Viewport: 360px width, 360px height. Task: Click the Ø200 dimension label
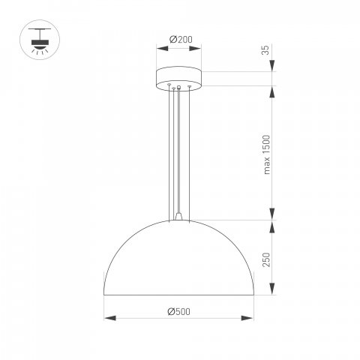click(178, 39)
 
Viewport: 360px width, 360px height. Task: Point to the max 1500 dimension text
click(265, 154)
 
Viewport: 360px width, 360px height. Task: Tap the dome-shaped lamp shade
click(179, 259)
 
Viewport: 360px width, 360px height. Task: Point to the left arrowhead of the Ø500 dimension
click(107, 317)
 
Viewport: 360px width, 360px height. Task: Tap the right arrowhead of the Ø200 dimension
click(201, 48)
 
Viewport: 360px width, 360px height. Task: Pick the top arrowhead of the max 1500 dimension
click(272, 91)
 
